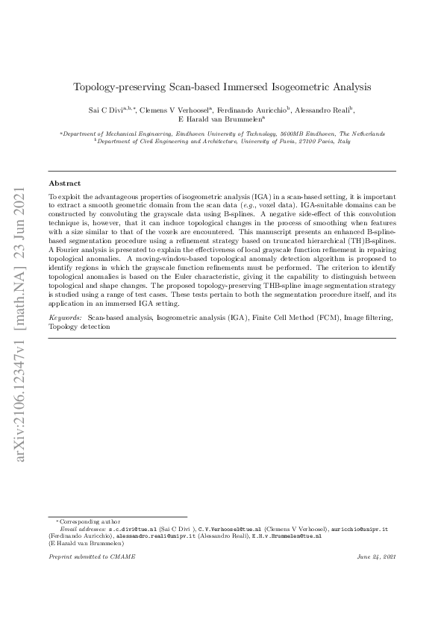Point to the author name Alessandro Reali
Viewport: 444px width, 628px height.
click(324, 110)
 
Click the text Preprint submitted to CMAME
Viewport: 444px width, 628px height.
click(87, 557)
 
